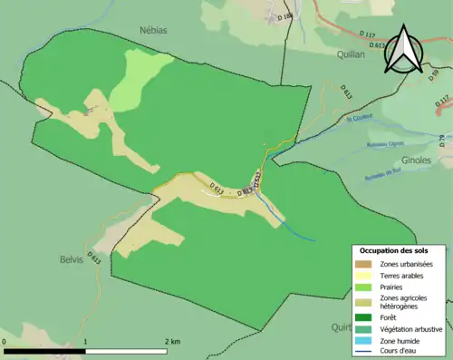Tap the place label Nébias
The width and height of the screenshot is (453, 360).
[x=153, y=29]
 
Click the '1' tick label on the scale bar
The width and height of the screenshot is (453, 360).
[x=86, y=342]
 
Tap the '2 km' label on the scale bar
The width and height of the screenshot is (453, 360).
[x=172, y=342]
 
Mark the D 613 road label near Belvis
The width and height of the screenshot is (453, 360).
[x=94, y=257]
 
